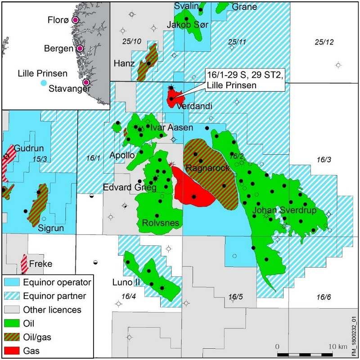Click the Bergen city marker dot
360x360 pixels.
coord(80,49)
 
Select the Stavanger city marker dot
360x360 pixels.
coord(86,82)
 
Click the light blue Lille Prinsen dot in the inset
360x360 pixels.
coord(43,83)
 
